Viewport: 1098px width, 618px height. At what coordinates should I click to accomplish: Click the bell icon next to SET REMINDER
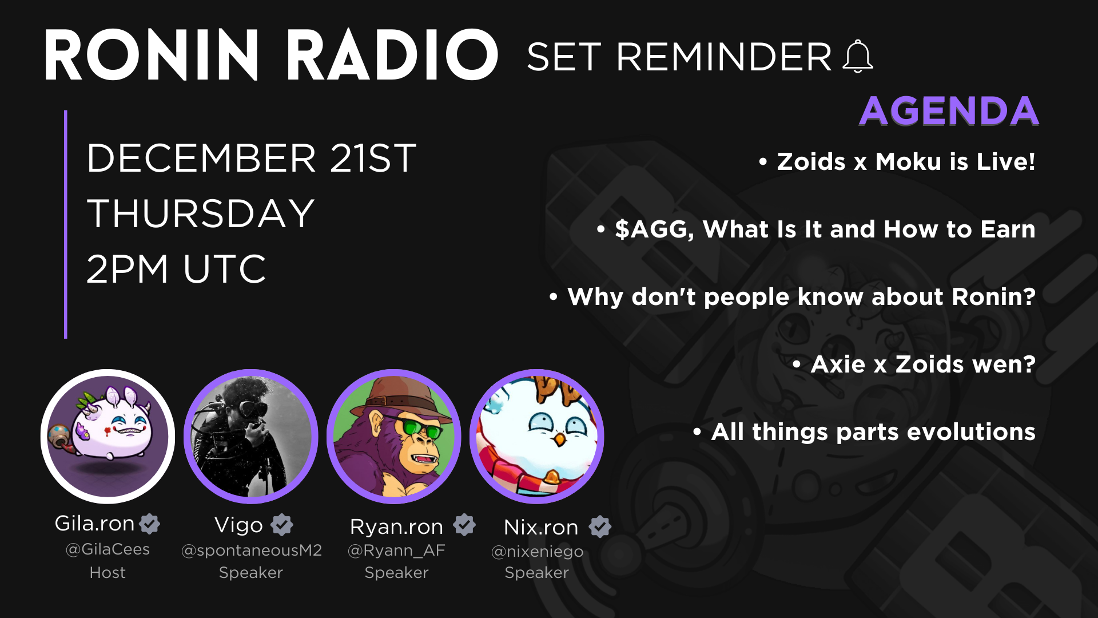(858, 56)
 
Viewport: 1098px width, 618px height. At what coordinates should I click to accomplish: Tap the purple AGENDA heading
(949, 110)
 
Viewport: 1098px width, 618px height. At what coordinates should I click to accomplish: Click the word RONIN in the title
(152, 56)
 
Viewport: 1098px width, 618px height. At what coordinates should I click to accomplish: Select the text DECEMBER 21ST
(252, 158)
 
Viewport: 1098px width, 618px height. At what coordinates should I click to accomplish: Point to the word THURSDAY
(201, 213)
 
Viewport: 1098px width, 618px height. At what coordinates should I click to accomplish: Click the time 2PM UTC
(176, 268)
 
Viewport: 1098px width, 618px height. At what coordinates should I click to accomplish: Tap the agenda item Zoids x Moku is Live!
(897, 161)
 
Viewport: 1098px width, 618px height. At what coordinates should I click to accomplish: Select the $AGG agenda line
(816, 229)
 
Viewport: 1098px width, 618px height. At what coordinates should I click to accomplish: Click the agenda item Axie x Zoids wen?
(914, 364)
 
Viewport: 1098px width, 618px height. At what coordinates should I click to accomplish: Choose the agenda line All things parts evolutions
(864, 431)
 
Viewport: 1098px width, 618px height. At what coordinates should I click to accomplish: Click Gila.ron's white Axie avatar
(108, 436)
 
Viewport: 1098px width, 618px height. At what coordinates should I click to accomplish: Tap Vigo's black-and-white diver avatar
(250, 436)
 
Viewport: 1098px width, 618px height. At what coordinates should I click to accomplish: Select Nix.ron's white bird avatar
(536, 436)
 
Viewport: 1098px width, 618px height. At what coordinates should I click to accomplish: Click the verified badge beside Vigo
(282, 524)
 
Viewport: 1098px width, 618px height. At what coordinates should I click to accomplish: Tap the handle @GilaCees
(108, 549)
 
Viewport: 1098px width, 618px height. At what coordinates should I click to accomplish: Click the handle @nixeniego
(537, 551)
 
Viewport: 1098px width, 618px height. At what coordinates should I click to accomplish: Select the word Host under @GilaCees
(108, 572)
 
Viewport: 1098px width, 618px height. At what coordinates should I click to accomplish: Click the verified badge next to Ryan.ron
(464, 524)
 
